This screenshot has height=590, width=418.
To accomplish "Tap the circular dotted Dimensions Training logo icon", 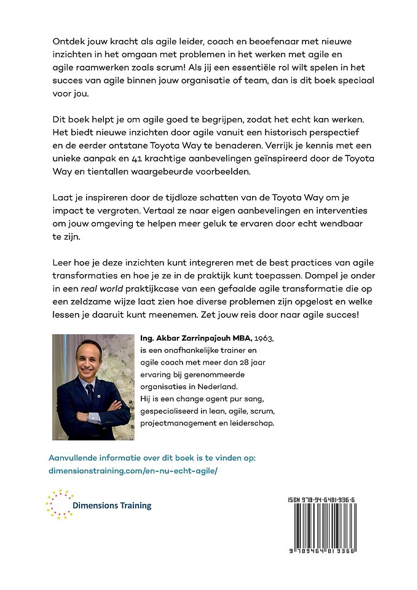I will (x=59, y=505).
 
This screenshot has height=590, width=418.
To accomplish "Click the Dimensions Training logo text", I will (x=112, y=506).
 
